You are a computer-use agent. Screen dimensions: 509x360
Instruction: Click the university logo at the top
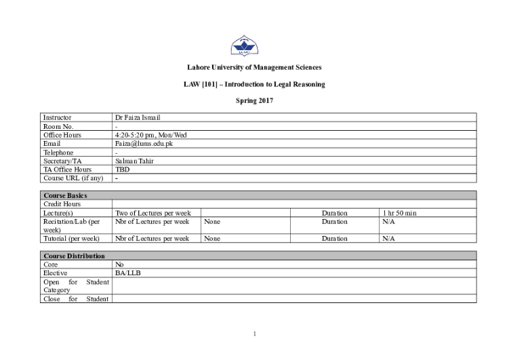[x=244, y=46]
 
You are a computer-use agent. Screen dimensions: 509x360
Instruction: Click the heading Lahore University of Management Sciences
[x=255, y=67]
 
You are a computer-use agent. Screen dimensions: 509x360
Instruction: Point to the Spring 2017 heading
[x=255, y=101]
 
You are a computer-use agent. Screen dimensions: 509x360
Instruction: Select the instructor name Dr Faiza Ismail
[x=137, y=117]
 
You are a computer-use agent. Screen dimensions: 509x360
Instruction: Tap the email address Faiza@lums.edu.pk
[x=144, y=143]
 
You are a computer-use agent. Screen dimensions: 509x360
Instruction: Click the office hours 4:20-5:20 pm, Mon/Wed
[x=151, y=135]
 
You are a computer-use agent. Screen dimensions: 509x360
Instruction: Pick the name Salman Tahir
[x=134, y=160]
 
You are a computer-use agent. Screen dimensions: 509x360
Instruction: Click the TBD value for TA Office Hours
[x=122, y=169]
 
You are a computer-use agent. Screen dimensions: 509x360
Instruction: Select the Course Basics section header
[x=65, y=195]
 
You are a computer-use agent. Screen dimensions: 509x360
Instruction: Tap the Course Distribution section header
[x=74, y=256]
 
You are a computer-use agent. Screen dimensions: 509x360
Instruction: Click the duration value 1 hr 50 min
[x=400, y=213]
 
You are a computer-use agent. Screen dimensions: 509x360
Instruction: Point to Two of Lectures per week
[x=153, y=213]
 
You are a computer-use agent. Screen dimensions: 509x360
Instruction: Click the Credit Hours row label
[x=62, y=204]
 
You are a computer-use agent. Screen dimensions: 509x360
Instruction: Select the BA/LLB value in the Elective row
[x=128, y=273]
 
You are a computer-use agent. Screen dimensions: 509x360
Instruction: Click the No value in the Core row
[x=120, y=264]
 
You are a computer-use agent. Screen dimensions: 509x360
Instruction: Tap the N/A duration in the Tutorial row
[x=389, y=239]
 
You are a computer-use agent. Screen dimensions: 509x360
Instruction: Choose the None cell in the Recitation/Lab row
[x=212, y=222]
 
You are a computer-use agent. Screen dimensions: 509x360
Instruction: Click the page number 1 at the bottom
[x=255, y=334]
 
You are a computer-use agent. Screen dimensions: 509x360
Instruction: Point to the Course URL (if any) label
[x=73, y=177]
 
